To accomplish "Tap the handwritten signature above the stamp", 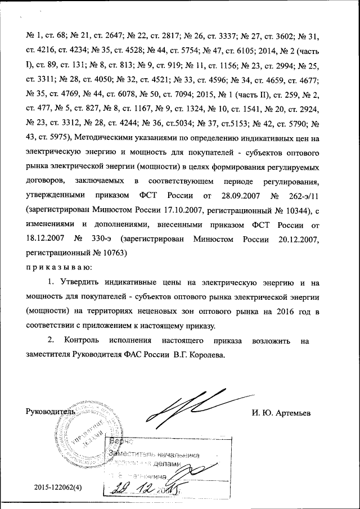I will click(x=186, y=408).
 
